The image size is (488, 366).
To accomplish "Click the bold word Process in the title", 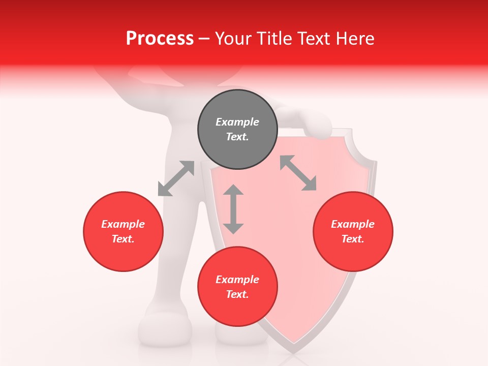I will (x=160, y=39).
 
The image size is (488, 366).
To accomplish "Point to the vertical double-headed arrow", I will (x=233, y=209).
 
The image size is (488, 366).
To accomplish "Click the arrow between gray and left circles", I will (x=176, y=178).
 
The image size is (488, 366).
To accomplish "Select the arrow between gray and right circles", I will (x=298, y=173).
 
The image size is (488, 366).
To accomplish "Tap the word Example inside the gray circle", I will (x=237, y=122).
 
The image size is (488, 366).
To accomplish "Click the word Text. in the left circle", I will (x=123, y=239).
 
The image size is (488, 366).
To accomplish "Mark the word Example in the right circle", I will (x=353, y=224).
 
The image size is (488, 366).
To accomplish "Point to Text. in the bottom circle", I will (x=237, y=294).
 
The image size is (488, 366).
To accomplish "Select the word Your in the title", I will (x=233, y=39).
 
